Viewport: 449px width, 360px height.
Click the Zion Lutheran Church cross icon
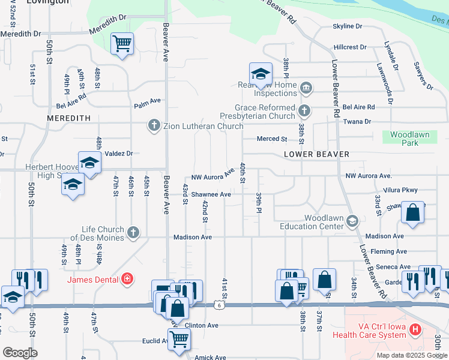[154, 125]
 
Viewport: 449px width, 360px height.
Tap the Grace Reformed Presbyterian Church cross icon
[305, 110]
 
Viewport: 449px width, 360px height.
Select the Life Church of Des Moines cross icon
[133, 232]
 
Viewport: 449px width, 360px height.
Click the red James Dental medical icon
[127, 278]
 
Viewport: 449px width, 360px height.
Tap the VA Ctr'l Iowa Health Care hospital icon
[415, 330]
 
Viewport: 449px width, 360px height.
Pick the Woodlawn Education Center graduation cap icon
[352, 221]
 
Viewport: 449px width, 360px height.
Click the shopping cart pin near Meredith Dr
[122, 43]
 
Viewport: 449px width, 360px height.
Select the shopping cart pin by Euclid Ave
[179, 339]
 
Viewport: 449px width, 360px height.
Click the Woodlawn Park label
[410, 139]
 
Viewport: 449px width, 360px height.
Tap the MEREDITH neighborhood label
[68, 119]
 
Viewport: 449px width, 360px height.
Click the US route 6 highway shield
[220, 306]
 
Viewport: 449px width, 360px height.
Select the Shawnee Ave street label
[211, 194]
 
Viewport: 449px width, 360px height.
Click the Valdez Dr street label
[118, 154]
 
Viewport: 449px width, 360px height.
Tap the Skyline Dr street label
[348, 26]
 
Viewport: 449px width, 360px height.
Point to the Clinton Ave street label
[202, 325]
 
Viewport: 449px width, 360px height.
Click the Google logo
[20, 352]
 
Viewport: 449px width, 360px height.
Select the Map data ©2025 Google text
[411, 355]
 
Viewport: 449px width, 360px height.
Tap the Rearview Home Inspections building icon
[306, 89]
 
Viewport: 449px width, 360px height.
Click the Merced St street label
[272, 139]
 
